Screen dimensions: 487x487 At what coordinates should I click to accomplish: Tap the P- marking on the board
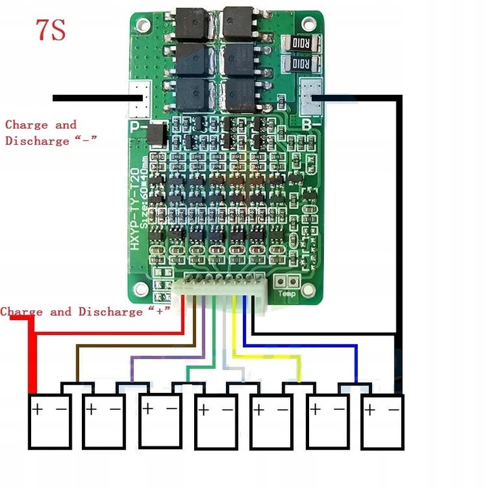[x=137, y=125]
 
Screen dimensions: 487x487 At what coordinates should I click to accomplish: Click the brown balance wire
[x=135, y=346]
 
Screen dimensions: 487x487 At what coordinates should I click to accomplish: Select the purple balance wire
[x=169, y=358]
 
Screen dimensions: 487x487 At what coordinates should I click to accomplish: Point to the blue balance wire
[x=304, y=346]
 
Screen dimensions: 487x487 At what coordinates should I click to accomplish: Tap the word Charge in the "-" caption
[x=26, y=124]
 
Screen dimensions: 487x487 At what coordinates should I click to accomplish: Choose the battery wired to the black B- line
[x=383, y=423]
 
